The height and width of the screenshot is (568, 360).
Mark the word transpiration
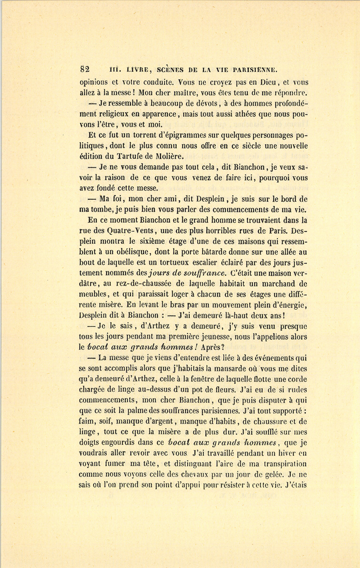pos(284,464)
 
